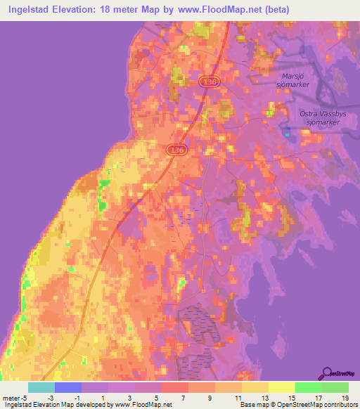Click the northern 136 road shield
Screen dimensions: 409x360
(x=208, y=82)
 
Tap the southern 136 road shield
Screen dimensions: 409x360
(x=177, y=150)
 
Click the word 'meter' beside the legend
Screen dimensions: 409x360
(x=11, y=399)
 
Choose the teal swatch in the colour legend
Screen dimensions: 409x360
(x=41, y=387)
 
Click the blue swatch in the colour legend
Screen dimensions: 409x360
(x=68, y=387)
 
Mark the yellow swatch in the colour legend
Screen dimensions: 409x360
(x=281, y=387)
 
